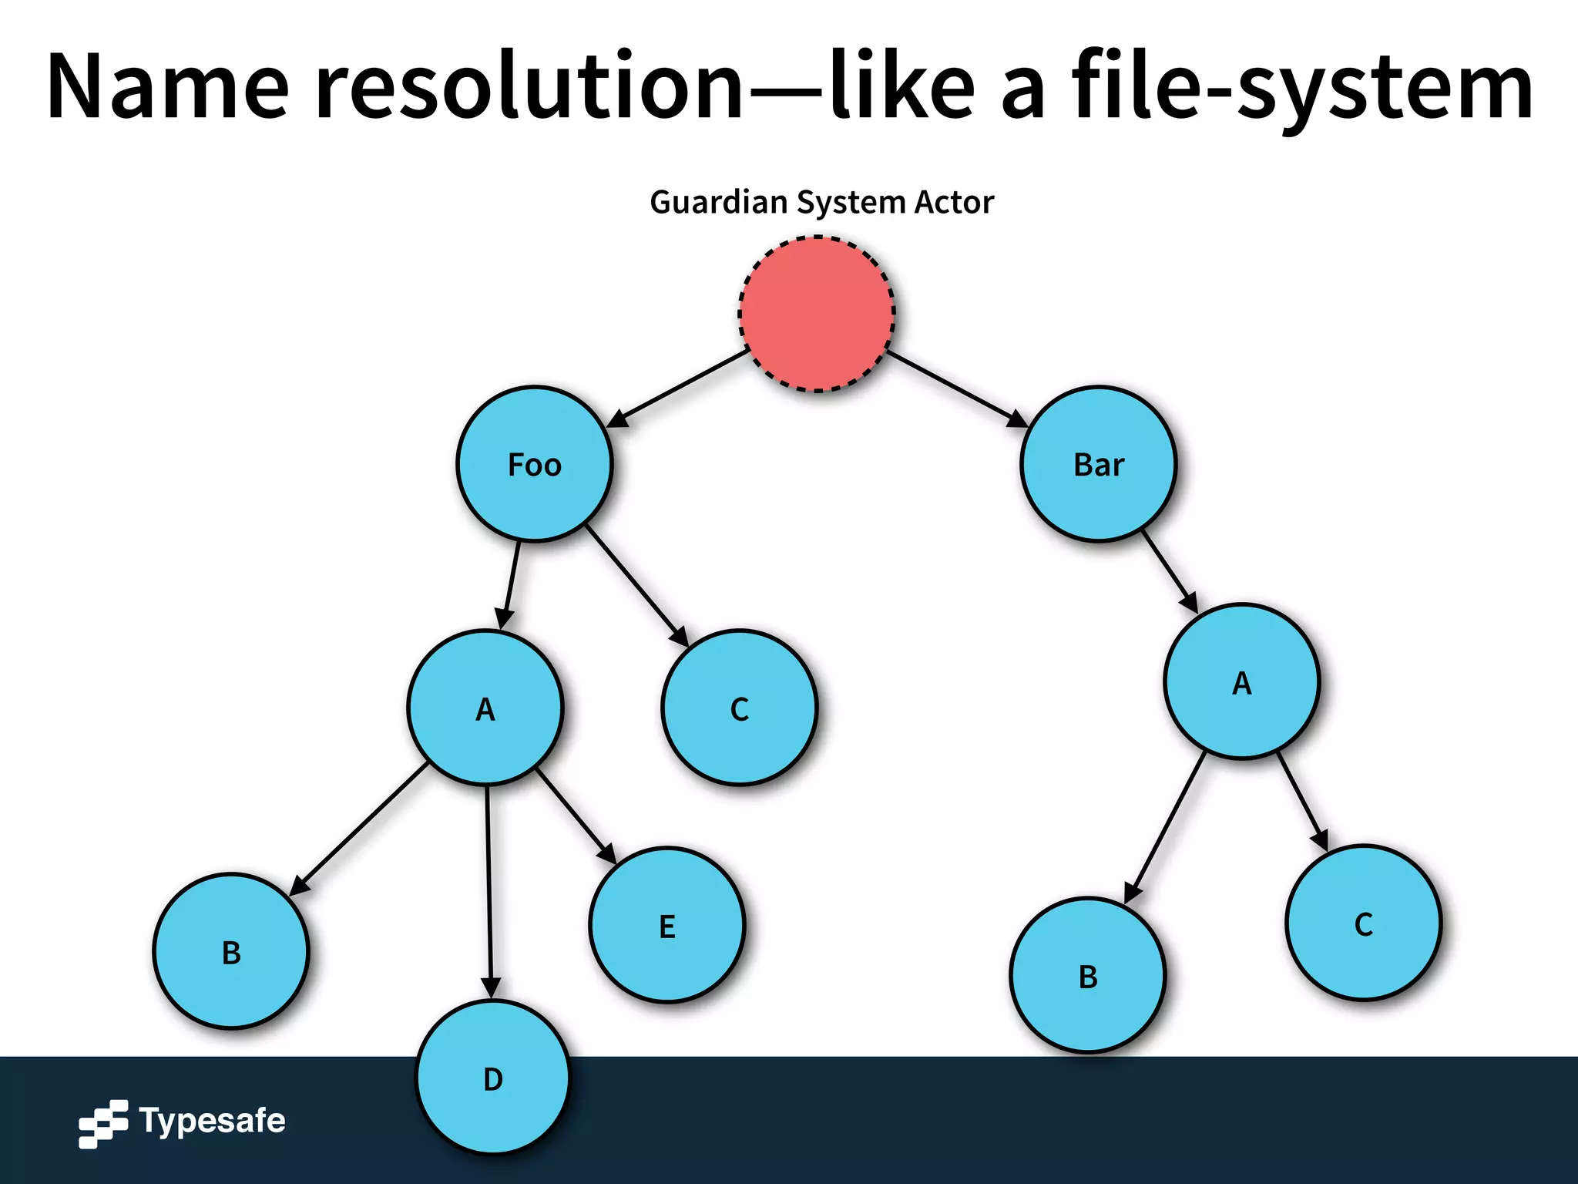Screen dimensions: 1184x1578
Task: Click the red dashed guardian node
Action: point(817,314)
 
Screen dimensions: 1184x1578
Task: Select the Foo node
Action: point(534,464)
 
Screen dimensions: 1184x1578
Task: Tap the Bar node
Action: point(1098,464)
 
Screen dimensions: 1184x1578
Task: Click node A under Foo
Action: point(485,708)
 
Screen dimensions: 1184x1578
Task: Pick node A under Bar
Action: point(1241,681)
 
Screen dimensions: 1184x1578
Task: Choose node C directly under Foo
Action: point(739,708)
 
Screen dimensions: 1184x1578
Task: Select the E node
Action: point(666,925)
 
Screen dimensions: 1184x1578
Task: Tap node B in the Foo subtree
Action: point(231,951)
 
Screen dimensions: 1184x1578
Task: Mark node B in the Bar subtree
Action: point(1087,975)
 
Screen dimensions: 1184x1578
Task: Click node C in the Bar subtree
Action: point(1363,923)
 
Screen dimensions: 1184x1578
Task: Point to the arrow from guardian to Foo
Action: point(678,388)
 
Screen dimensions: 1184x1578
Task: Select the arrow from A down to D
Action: point(489,886)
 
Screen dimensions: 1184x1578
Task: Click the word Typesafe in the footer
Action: point(212,1120)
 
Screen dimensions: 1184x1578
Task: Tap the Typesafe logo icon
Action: point(102,1124)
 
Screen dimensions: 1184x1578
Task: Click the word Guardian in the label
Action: point(718,202)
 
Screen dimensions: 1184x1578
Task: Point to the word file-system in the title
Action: point(1302,86)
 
